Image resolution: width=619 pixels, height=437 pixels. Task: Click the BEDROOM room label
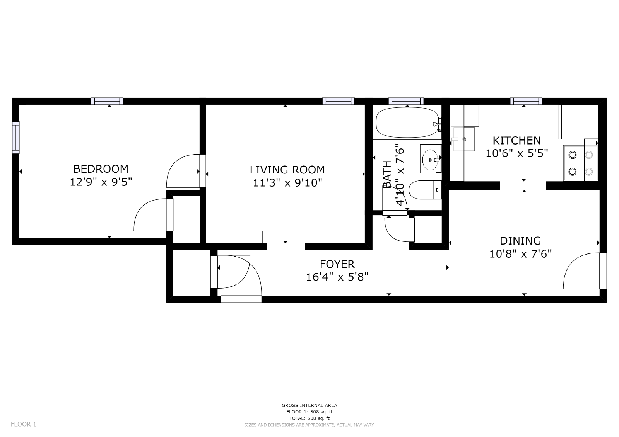click(x=101, y=169)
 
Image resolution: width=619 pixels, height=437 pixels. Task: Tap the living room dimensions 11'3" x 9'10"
click(x=287, y=182)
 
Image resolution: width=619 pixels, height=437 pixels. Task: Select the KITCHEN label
click(x=516, y=140)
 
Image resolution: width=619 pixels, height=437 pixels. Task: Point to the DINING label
click(x=520, y=241)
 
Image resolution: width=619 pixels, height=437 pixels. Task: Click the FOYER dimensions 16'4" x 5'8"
click(x=337, y=277)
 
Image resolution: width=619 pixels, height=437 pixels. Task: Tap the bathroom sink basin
click(x=429, y=159)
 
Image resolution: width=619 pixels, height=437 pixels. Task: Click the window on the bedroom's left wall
click(x=15, y=137)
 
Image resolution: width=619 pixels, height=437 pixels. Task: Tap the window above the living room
click(x=339, y=101)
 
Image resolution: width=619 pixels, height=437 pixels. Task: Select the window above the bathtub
click(x=406, y=101)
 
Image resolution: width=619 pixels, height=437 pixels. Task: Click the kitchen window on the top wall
click(x=526, y=101)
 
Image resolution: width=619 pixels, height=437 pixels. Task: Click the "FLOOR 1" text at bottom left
click(x=24, y=424)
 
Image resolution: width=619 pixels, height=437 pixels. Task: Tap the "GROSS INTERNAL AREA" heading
click(x=309, y=405)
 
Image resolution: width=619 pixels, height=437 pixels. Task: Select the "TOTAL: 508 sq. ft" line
click(x=309, y=418)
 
